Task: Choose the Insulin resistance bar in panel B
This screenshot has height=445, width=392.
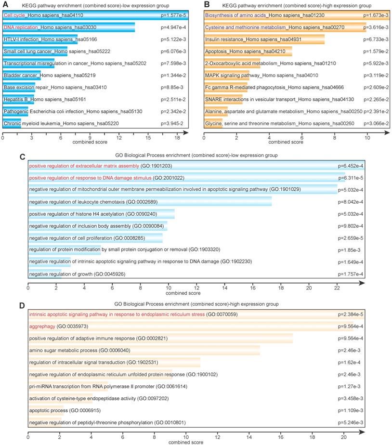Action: coord(264,39)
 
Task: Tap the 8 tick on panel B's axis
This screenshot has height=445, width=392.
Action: coord(335,137)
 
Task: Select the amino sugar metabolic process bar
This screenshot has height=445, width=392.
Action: coord(144,350)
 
